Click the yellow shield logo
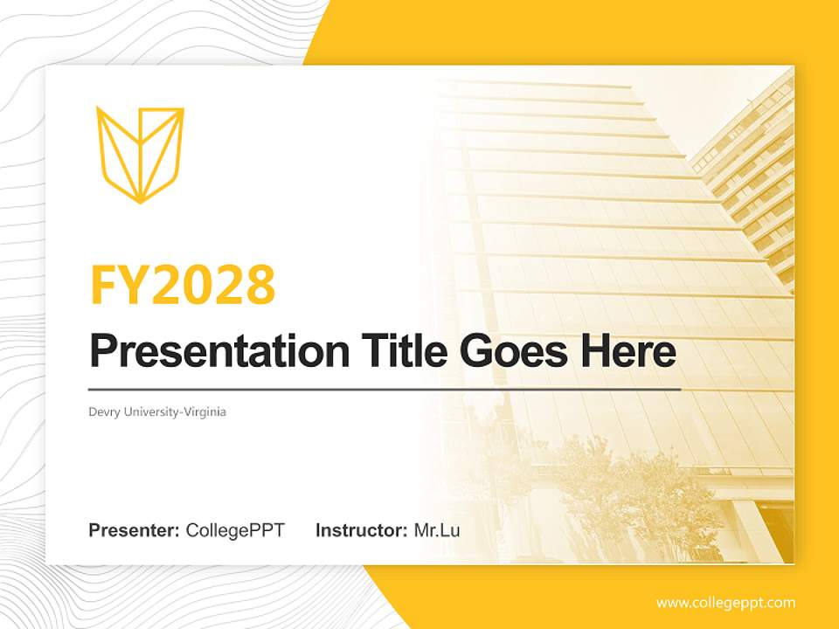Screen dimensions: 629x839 [140, 154]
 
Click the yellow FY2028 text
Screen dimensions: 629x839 [183, 284]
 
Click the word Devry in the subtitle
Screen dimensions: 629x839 [103, 411]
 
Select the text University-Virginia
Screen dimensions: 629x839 [174, 411]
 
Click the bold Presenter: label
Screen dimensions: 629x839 [135, 530]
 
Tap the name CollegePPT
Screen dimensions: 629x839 [235, 530]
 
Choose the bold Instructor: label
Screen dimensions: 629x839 [361, 530]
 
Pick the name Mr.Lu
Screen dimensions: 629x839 [437, 530]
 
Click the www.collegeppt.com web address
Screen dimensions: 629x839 [725, 602]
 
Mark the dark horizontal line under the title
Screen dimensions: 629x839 [385, 389]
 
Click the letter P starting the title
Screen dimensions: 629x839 [103, 351]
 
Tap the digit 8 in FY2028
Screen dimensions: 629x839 [259, 284]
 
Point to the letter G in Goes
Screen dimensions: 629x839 [477, 351]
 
